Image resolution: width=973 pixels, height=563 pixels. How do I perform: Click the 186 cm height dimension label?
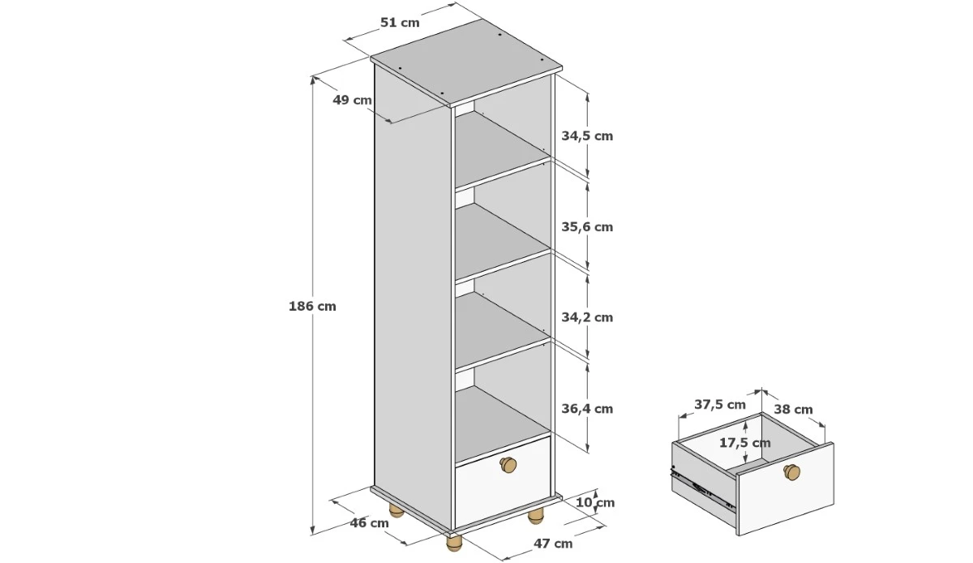point(312,306)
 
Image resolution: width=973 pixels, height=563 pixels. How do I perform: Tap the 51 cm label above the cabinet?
point(400,22)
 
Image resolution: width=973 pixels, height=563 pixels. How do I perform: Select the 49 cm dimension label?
point(352,100)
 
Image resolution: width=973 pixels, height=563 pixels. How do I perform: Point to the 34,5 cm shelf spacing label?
point(587,136)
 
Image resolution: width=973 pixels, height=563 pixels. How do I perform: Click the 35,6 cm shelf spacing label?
point(587,227)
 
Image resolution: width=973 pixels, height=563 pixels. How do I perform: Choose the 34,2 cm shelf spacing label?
point(587,317)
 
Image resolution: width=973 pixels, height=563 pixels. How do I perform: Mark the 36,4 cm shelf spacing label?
point(587,409)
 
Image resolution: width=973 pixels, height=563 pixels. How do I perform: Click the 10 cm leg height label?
point(595,503)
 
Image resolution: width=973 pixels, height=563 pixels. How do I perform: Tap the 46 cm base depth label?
point(369,522)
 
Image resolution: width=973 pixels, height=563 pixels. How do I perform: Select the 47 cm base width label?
point(553,544)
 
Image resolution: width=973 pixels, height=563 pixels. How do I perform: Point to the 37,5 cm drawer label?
point(720,405)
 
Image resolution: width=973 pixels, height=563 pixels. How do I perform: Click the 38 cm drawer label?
point(794,410)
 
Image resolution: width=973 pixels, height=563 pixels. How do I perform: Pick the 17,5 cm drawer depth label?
point(745,443)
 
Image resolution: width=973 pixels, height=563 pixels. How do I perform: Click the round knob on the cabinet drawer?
point(508,465)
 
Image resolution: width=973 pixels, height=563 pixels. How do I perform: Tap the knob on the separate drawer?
point(792,472)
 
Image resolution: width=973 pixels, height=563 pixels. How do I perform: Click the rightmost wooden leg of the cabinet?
point(536,516)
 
